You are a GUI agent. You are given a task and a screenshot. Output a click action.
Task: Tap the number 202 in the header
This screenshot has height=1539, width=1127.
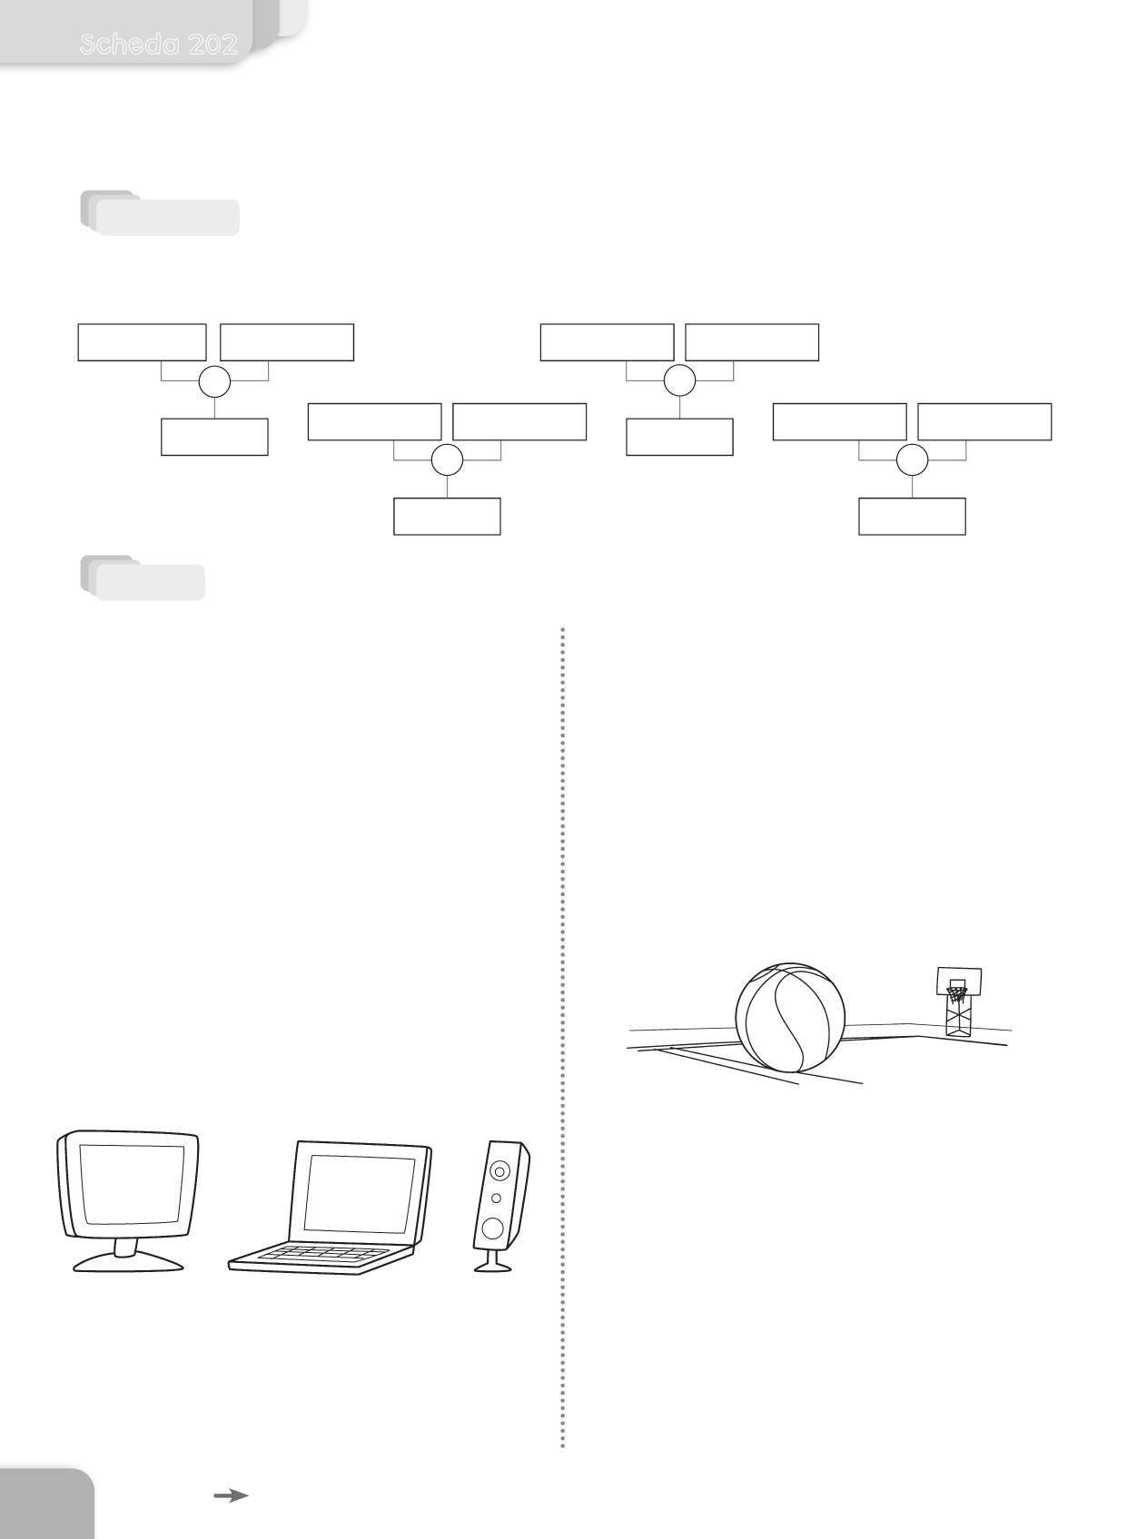213,44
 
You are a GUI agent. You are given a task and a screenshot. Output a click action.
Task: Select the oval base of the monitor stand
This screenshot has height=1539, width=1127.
128,1262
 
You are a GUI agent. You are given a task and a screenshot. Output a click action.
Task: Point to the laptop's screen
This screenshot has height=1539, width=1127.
359,1192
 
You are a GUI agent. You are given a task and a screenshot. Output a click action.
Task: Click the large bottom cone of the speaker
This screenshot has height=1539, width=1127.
492,1228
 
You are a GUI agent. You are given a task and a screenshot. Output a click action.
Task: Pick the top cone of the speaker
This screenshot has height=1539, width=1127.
499,1170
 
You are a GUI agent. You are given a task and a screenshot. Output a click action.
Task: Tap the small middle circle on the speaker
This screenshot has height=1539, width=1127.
496,1199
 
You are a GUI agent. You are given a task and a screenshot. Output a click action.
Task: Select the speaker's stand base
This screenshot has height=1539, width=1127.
492,1266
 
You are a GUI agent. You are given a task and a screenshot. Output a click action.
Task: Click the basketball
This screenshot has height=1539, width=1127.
789,1018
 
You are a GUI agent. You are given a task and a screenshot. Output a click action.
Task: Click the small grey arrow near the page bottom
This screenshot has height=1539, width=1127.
231,1495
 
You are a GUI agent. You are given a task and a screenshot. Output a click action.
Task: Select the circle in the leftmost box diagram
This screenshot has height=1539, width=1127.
214,381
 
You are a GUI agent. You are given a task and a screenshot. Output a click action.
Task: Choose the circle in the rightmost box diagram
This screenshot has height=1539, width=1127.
912,460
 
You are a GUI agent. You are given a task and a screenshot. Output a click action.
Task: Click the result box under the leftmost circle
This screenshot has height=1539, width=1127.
214,437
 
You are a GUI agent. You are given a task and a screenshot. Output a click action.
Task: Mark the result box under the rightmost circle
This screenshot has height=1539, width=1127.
912,516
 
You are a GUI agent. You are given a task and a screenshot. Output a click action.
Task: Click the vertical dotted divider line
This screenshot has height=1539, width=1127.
563,1035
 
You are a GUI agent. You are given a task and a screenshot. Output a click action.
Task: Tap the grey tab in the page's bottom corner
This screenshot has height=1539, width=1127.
45,1504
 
